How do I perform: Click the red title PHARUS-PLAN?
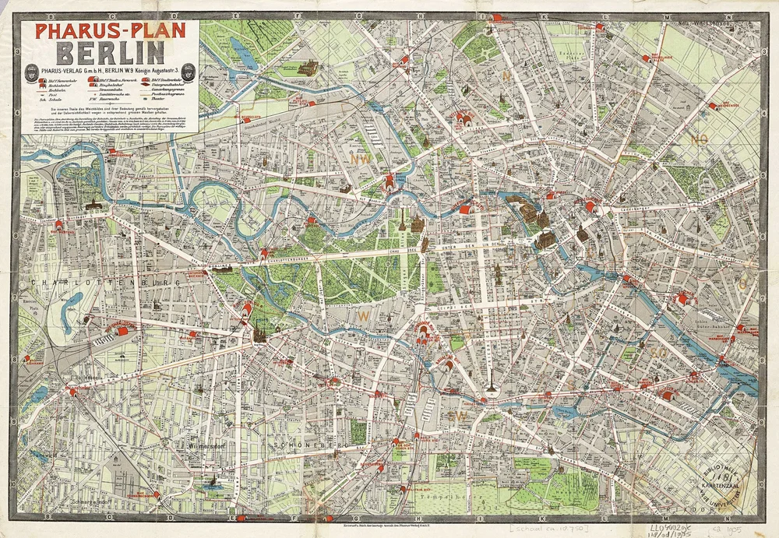pyautogui.click(x=108, y=31)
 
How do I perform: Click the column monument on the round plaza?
pyautogui.click(x=491, y=386)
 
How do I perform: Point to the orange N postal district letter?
pyautogui.click(x=506, y=76)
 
